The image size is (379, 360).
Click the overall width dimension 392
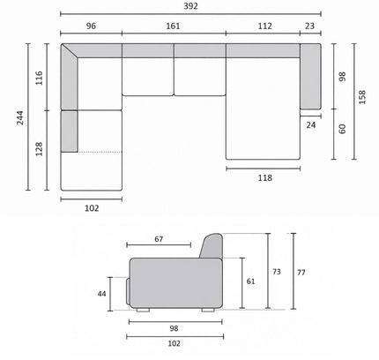[x=190, y=6]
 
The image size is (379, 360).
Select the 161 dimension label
[x=173, y=26]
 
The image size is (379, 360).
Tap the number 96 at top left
[x=91, y=26]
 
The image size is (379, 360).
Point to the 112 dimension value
[x=265, y=26]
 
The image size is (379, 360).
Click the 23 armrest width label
[x=309, y=26]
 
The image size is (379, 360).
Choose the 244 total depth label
[x=20, y=117]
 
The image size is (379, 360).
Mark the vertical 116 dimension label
[x=39, y=78]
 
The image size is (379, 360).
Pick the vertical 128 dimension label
[x=39, y=149]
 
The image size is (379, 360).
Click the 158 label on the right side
[x=362, y=97]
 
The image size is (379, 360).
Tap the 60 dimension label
[x=343, y=129]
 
